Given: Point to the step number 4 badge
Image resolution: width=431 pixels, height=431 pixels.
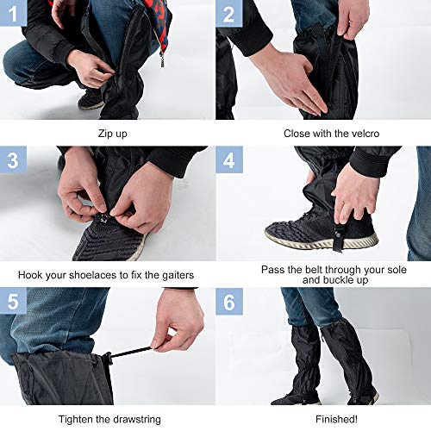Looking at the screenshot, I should (x=228, y=159).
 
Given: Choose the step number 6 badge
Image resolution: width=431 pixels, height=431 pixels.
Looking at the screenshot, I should (x=228, y=303).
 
